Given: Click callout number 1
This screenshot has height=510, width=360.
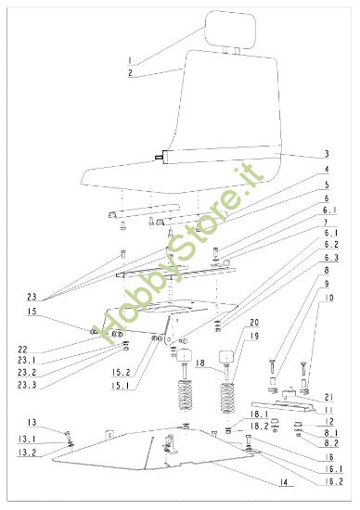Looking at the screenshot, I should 131,60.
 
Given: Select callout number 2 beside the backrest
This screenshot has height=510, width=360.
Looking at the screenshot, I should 131,72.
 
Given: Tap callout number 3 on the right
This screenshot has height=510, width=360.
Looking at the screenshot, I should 328,154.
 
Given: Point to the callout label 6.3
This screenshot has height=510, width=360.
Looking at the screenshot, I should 330,257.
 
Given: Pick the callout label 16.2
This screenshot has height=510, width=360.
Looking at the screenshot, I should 330,480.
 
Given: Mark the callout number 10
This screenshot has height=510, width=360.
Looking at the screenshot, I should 329,299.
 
